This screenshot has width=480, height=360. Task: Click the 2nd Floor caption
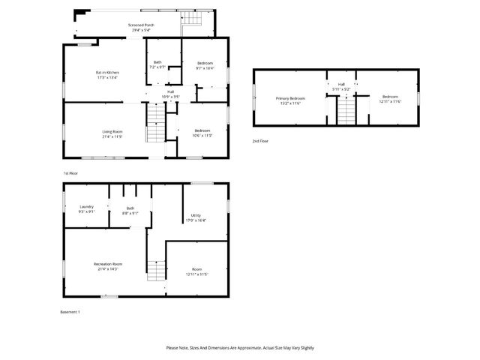click(x=260, y=141)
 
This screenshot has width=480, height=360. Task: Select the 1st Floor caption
click(x=70, y=173)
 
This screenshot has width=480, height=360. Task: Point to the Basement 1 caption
click(x=70, y=312)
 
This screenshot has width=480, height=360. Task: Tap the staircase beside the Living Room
click(x=154, y=123)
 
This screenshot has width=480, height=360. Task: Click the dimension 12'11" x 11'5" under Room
click(x=196, y=274)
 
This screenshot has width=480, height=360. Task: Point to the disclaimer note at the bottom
click(x=240, y=348)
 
